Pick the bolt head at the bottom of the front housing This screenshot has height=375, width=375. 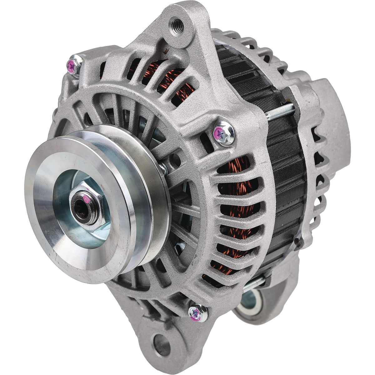tap(197, 312)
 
